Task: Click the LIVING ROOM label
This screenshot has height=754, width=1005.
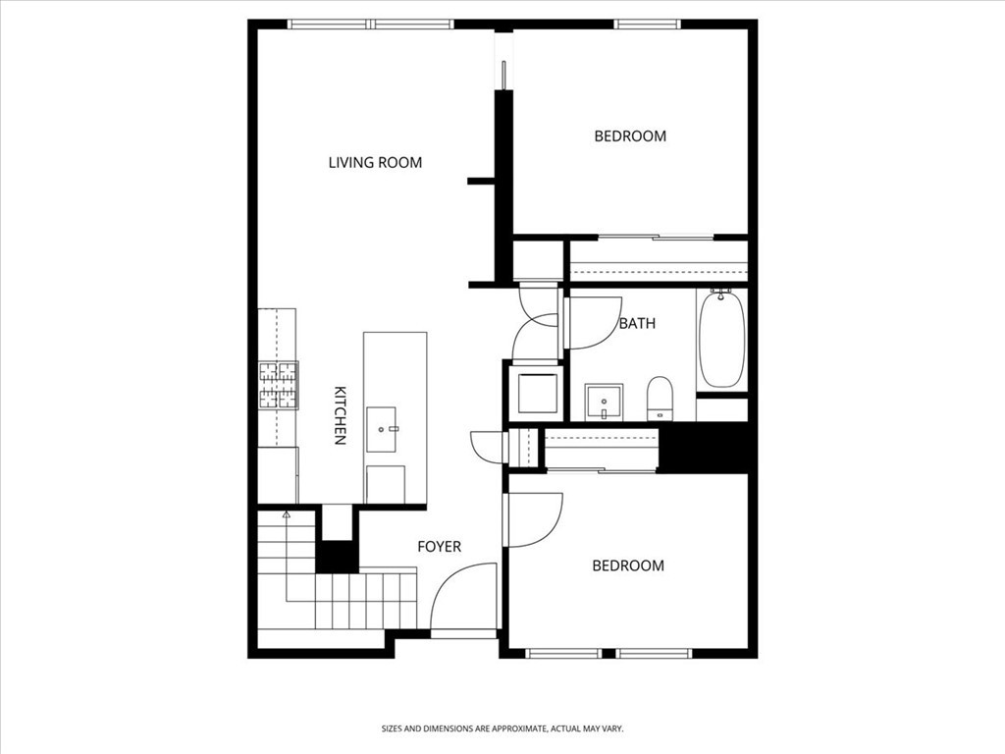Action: point(375,162)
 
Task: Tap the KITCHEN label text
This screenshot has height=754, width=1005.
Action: point(340,414)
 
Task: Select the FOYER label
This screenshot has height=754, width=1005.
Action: point(439,547)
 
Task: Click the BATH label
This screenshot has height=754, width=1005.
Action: point(637,323)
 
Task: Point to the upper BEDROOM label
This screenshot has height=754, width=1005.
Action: point(630,136)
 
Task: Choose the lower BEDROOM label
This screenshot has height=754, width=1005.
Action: point(628,565)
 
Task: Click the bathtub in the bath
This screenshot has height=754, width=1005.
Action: point(721,338)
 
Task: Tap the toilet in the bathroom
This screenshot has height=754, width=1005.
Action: point(659,398)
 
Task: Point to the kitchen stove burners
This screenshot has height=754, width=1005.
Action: point(278,385)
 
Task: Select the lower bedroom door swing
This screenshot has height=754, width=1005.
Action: point(533,519)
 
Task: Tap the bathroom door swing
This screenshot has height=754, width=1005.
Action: point(595,321)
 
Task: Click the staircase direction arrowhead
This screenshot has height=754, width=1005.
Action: point(287,513)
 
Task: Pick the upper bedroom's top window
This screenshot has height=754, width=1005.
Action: point(648,25)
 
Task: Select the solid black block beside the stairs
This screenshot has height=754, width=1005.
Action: point(338,556)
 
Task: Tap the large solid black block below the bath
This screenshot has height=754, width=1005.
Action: point(703,448)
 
